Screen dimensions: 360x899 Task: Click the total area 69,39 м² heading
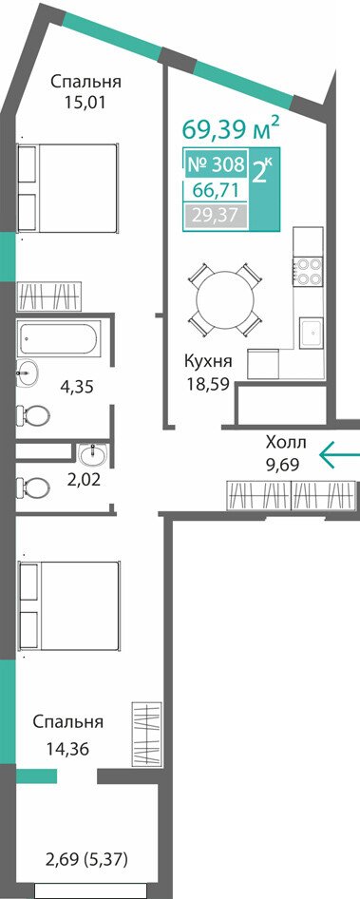pos(231,128)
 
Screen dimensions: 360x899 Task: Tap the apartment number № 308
pos(217,165)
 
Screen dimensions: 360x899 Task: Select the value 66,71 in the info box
pos(218,190)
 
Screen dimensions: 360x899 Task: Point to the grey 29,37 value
pos(215,216)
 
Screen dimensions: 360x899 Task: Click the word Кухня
pos(207,361)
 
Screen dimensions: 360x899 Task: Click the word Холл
pos(286,442)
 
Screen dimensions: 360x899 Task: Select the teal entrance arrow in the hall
pos(339,454)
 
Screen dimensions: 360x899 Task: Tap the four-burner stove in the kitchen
pos(309,271)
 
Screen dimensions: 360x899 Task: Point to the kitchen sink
pos(312,334)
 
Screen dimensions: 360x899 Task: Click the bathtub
pos(60,338)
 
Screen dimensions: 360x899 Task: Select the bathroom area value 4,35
pos(77,387)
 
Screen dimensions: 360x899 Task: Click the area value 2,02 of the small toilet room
pos(84,479)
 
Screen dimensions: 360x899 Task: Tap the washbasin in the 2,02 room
pos(93,454)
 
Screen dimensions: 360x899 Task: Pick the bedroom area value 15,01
pos(86,104)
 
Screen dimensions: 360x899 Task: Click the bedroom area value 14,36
pos(68,749)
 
